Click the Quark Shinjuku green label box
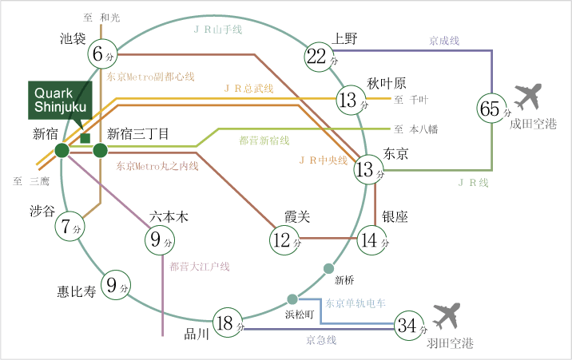coord(60,101)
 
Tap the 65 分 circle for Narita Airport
coord(492,109)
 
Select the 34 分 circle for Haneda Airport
coord(409,326)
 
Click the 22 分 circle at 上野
coord(320,57)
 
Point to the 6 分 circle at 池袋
coord(102,54)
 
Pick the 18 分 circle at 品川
coord(228,322)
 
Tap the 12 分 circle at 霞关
coord(284,240)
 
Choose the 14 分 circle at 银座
coord(372,240)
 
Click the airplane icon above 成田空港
coord(528,97)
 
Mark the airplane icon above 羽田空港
coord(446,315)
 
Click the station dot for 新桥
coord(328,268)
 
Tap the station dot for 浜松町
coord(292,299)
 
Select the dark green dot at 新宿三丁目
coord(101,151)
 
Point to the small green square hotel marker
coord(85,138)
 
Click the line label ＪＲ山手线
coord(218,30)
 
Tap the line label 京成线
coord(444,41)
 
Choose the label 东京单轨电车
coord(356,303)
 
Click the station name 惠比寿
coord(77,291)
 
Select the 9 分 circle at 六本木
coord(160,240)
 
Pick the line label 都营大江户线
coord(200,267)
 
